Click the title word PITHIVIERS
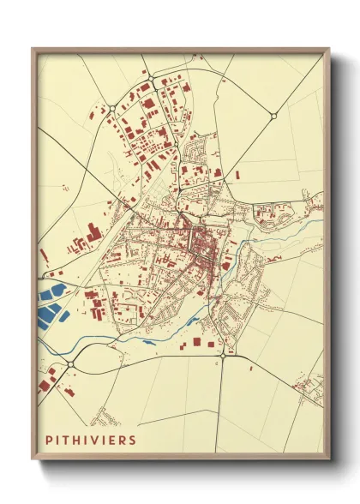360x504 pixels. pyautogui.click(x=92, y=439)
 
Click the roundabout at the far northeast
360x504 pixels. pyautogui.click(x=273, y=116)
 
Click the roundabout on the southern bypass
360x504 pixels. pyautogui.click(x=223, y=354)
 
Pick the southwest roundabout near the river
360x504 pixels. pyautogui.click(x=70, y=363)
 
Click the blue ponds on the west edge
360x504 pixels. pyautogui.click(x=49, y=303)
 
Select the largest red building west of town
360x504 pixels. pyautogui.click(x=93, y=233)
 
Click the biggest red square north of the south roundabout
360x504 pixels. pyautogui.click(x=195, y=342)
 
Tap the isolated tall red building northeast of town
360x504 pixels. pyautogui.click(x=237, y=174)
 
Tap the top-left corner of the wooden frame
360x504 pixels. pyautogui.click(x=33, y=49)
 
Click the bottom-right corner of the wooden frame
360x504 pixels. pyautogui.click(x=328, y=455)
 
